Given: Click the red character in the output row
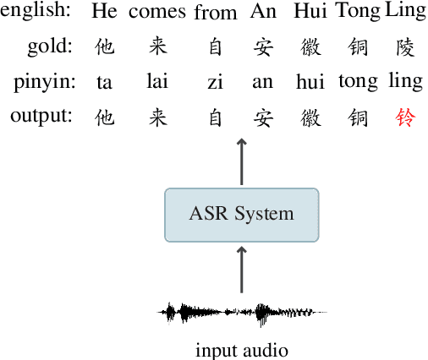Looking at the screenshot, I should pyautogui.click(x=406, y=117).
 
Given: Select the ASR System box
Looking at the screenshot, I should pyautogui.click(x=241, y=213).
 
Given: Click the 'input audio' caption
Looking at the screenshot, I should pyautogui.click(x=242, y=349).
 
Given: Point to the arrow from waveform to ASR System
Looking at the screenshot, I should pyautogui.click(x=241, y=269).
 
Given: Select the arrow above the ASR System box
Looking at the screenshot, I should pyautogui.click(x=241, y=161).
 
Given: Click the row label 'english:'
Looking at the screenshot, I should pyautogui.click(x=36, y=13).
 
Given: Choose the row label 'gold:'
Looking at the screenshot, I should pyautogui.click(x=51, y=47).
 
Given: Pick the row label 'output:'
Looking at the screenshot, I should pyautogui.click(x=42, y=116).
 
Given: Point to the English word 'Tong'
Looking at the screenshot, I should pyautogui.click(x=358, y=13).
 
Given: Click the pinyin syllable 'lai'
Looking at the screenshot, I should pyautogui.click(x=157, y=82).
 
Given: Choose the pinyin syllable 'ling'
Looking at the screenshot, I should pyautogui.click(x=405, y=83).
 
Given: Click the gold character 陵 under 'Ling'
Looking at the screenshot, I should pyautogui.click(x=406, y=48).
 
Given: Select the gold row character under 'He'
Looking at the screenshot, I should pyautogui.click(x=104, y=48).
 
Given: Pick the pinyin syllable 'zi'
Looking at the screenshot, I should pyautogui.click(x=215, y=82).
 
